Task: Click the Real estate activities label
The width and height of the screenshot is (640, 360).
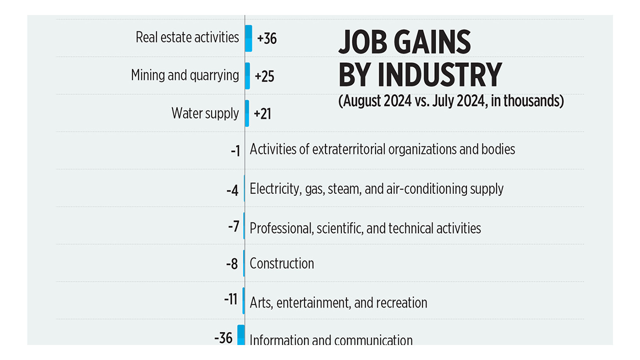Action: [187, 37]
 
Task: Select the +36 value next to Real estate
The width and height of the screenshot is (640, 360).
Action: [266, 38]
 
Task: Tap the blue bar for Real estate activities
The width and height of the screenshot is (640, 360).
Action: [248, 38]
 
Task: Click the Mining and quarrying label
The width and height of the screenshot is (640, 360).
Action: [185, 75]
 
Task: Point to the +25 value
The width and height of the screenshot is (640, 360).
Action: [264, 76]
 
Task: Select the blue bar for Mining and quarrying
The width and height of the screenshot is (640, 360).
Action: [247, 75]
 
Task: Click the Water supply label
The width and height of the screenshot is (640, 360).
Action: [205, 113]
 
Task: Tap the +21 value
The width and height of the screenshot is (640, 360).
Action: [262, 114]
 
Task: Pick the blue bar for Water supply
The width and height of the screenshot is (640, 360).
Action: [247, 113]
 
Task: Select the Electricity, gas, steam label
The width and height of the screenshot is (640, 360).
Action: [376, 189]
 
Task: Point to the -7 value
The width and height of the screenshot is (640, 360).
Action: [233, 226]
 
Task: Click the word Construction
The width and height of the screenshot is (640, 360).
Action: [281, 263]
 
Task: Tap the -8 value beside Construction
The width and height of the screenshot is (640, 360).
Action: [231, 264]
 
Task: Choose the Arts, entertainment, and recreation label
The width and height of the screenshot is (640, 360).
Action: [338, 303]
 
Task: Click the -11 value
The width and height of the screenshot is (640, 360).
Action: [230, 301]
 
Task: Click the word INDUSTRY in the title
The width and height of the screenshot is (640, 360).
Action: [439, 75]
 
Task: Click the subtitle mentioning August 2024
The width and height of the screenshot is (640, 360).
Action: [450, 101]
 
